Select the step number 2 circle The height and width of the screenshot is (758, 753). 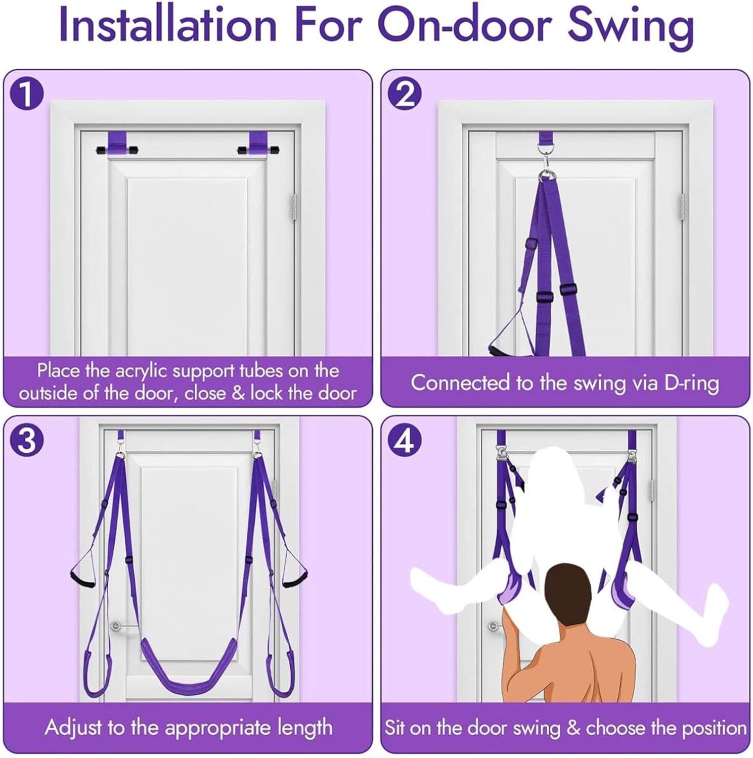pos(404,94)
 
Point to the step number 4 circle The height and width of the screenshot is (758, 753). pos(404,440)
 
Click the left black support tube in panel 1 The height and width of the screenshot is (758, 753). pos(117,150)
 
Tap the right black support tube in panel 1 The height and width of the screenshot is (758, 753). pos(259,150)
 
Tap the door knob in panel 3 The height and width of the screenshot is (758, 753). pos(116,627)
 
